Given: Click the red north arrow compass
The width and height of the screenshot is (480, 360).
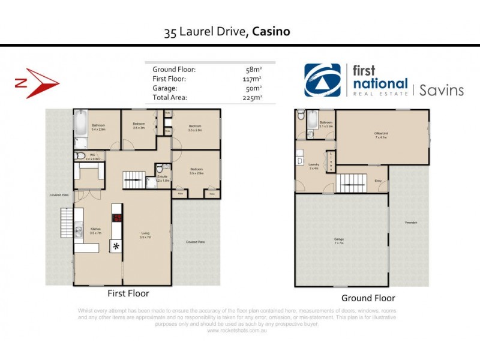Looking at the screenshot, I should pyautogui.click(x=37, y=83).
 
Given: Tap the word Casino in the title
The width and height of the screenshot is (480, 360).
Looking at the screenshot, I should pyautogui.click(x=271, y=31).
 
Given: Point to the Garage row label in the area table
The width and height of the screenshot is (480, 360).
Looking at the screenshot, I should pyautogui.click(x=165, y=88).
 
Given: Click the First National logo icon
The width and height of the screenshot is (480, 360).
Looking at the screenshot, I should pyautogui.click(x=322, y=80).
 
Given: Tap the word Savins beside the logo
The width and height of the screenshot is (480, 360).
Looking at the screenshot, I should pyautogui.click(x=441, y=90).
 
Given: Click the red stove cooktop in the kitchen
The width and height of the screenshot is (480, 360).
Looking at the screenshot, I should pyautogui.click(x=118, y=218).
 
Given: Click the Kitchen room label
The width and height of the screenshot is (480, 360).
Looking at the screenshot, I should pyautogui.click(x=95, y=229).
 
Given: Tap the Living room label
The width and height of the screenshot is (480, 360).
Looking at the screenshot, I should pyautogui.click(x=145, y=234).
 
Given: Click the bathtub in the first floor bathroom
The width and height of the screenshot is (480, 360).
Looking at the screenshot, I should pyautogui.click(x=80, y=125).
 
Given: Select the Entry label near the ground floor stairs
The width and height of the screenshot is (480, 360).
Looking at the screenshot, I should pyautogui.click(x=378, y=181).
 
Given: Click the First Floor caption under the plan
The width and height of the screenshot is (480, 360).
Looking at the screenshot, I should pyautogui.click(x=128, y=293).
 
